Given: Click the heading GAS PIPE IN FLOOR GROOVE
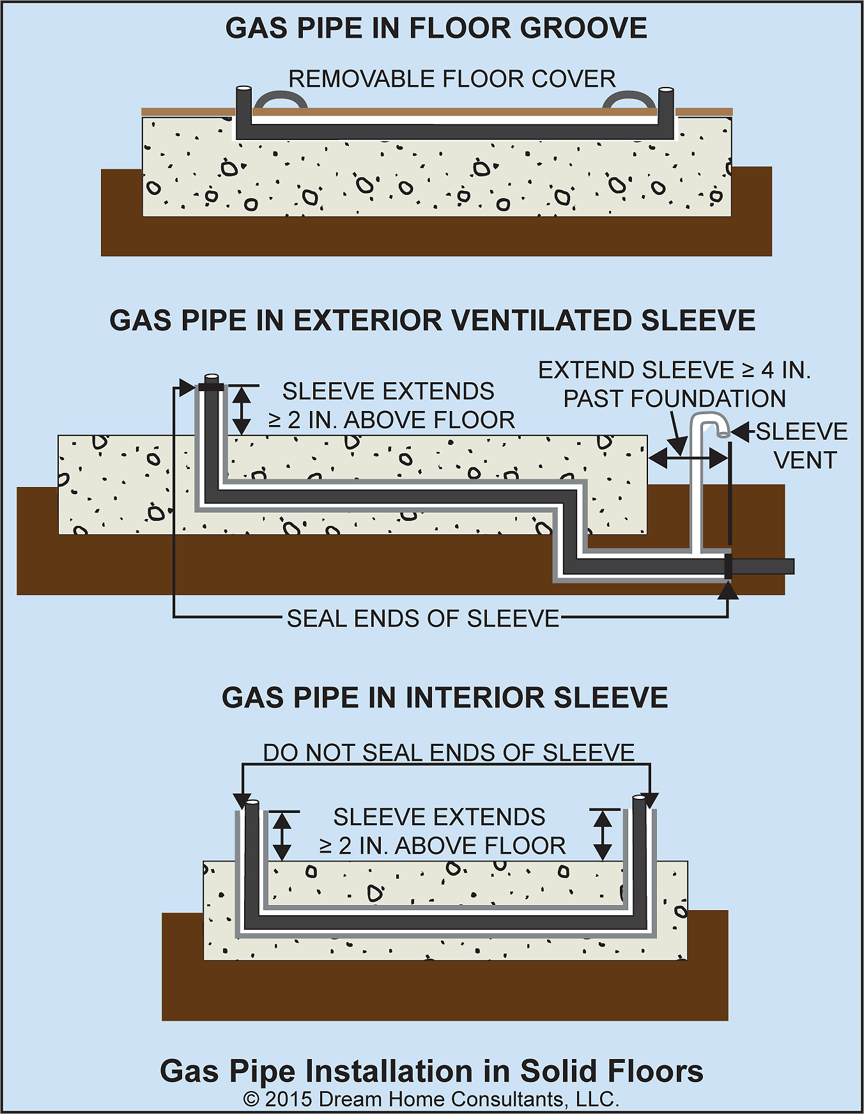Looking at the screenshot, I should (436, 29).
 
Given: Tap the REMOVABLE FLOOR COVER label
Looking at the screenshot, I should (452, 79).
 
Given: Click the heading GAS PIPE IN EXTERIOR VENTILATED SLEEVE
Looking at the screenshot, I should (432, 320).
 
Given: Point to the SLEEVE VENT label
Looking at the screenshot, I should (802, 445).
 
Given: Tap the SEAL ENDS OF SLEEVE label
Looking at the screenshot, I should (423, 619).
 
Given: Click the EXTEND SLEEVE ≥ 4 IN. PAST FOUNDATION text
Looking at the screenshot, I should (674, 384).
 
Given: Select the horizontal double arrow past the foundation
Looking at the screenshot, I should (689, 458).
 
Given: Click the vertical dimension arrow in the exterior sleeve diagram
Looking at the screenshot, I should (241, 410).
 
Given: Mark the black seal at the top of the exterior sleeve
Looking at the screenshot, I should (211, 387).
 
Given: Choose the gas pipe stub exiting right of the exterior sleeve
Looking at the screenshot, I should (763, 566).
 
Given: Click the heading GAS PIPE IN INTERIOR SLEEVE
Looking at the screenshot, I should (445, 697).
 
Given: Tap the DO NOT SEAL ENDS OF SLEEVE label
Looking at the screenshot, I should (449, 753).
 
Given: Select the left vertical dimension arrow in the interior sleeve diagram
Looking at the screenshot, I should (282, 835).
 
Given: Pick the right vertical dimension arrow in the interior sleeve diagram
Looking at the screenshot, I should (603, 834).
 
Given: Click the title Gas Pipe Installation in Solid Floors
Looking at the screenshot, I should (431, 1071).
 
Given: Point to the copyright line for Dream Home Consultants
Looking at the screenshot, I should (431, 1099).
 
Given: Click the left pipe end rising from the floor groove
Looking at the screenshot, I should (243, 109).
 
